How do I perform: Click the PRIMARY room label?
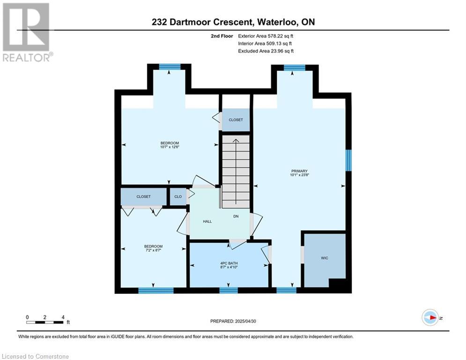pos(299,171)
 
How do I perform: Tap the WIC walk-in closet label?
pos(325,258)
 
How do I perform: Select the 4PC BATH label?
pos(229,263)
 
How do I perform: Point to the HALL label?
pos(207,221)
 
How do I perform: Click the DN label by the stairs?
pos(236,216)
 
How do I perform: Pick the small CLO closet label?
pos(178,197)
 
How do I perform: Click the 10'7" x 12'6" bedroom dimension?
pos(170,147)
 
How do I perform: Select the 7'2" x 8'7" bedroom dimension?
pos(153,250)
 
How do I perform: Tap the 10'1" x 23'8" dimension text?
pos(300,175)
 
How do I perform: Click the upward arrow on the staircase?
pos(236,172)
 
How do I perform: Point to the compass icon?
pos(430,317)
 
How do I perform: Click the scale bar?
pos(44,322)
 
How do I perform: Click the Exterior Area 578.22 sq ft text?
pos(266,36)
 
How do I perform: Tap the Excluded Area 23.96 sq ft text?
pos(266,51)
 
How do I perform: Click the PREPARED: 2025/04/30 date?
pos(233,321)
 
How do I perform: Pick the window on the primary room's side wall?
pos(348,160)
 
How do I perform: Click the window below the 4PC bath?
pos(229,290)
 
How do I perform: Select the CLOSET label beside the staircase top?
pos(236,120)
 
